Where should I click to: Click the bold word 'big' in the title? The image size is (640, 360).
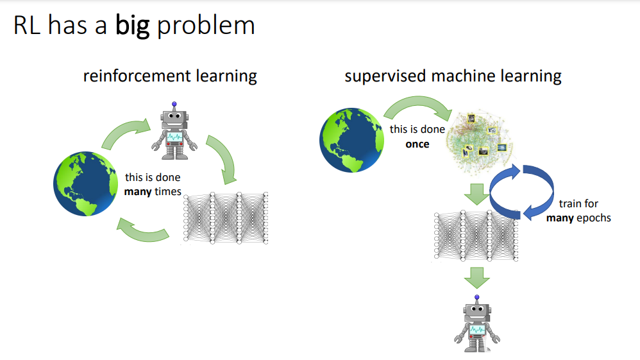(x=133, y=26)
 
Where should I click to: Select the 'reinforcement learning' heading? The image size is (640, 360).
(x=170, y=76)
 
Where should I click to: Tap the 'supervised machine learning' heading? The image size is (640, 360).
(x=453, y=76)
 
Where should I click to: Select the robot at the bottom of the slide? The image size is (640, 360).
(x=476, y=322)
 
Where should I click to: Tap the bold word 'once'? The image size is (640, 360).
(x=417, y=144)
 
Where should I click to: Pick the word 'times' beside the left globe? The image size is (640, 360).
(x=167, y=191)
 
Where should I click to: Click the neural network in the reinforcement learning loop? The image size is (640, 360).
(x=225, y=218)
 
